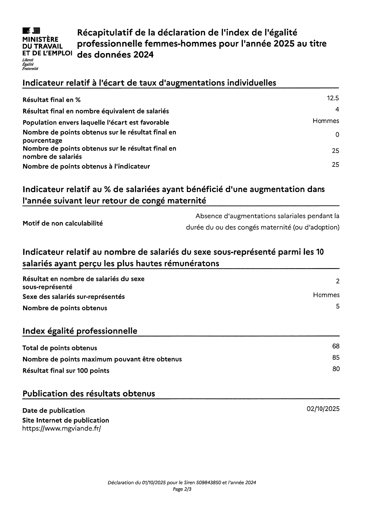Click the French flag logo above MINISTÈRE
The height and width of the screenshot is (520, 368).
tap(31, 31)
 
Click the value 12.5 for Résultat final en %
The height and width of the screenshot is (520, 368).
tap(333, 98)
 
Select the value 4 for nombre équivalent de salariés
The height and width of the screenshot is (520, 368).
tap(337, 110)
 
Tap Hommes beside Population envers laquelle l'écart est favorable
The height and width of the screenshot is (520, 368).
tap(326, 121)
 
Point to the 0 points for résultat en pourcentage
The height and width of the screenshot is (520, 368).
tap(337, 135)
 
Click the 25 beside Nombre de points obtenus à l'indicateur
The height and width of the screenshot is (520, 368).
tap(335, 165)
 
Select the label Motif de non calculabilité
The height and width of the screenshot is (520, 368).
tap(63, 223)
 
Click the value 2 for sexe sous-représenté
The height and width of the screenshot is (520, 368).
tap(337, 281)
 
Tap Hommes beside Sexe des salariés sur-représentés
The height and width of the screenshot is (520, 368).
tap(326, 295)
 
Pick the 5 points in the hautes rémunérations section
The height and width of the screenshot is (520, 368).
tap(337, 306)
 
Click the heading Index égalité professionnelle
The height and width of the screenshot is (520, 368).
tap(80, 331)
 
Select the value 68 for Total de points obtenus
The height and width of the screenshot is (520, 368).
tap(336, 346)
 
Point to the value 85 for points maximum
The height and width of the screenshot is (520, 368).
tap(336, 358)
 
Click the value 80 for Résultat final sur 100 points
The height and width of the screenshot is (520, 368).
tap(336, 369)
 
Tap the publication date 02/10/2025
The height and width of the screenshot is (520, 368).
tap(323, 409)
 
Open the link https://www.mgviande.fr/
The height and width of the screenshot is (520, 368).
tap(62, 428)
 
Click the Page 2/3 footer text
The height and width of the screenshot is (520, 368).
tap(182, 489)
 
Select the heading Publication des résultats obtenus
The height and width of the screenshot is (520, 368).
tap(89, 394)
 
